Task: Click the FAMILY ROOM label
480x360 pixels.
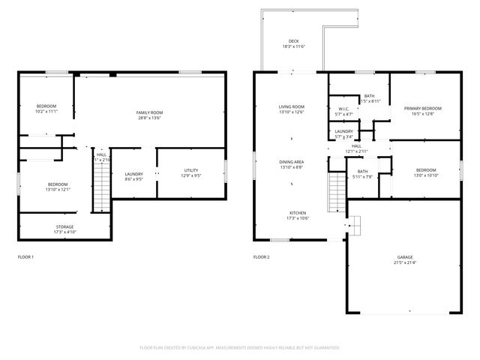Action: pyautogui.click(x=150, y=112)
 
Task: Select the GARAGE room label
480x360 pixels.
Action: pyautogui.click(x=404, y=257)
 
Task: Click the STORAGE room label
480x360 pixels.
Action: pyautogui.click(x=64, y=226)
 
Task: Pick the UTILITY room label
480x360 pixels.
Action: pyautogui.click(x=190, y=171)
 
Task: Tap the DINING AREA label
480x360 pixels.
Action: pyautogui.click(x=292, y=162)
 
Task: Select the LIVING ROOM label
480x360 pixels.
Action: pyautogui.click(x=292, y=107)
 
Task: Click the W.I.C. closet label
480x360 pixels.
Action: pyautogui.click(x=344, y=109)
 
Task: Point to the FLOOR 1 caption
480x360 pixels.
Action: pyautogui.click(x=25, y=257)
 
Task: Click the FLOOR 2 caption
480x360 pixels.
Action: pyautogui.click(x=261, y=257)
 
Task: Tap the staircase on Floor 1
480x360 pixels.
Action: pyautogui.click(x=101, y=188)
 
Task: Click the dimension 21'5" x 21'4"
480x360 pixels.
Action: pyautogui.click(x=404, y=263)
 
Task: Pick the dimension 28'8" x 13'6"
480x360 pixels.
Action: pyautogui.click(x=150, y=118)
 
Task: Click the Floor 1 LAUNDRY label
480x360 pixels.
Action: pyautogui.click(x=133, y=174)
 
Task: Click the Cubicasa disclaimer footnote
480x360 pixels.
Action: pyautogui.click(x=240, y=347)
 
